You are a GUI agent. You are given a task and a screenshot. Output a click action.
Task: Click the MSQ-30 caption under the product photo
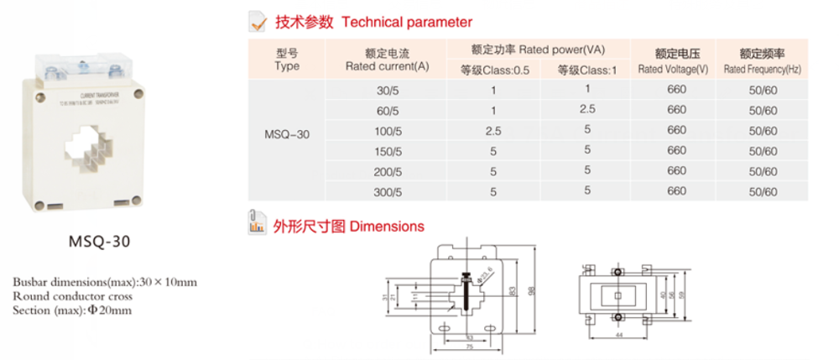point(98,243)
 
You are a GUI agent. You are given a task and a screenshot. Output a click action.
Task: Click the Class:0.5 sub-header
point(494,70)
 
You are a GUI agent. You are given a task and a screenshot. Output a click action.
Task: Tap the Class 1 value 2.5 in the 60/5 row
point(587,110)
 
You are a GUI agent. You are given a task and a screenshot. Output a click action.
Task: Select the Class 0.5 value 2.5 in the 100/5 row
point(493,130)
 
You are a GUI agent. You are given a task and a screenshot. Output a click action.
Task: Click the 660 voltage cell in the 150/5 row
point(676,150)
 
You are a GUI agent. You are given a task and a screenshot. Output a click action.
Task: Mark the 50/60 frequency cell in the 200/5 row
point(763,170)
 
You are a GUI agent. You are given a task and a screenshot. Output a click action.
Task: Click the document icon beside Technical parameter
point(260,22)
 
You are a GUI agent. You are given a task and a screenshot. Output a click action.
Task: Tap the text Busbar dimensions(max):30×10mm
point(105,281)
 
